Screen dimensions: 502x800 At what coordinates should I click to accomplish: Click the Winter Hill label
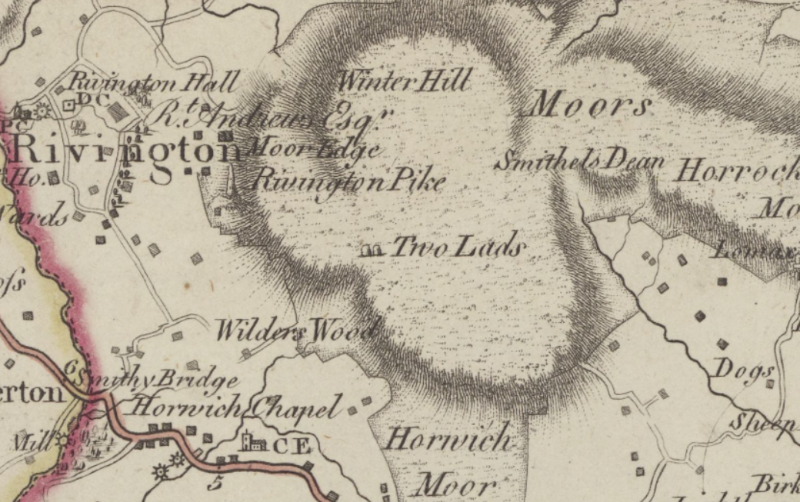coord(403,81)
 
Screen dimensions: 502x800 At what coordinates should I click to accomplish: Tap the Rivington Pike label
coord(348,181)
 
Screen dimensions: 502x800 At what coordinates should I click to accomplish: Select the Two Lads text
coord(459,248)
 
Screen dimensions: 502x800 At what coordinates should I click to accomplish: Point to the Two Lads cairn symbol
coord(372,249)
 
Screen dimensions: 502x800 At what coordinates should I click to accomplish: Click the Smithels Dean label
coord(579,161)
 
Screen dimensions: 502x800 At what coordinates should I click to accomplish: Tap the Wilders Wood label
coord(295,331)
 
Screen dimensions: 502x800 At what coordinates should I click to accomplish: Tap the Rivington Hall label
coord(154,81)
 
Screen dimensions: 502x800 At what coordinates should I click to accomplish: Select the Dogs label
coord(744,370)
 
